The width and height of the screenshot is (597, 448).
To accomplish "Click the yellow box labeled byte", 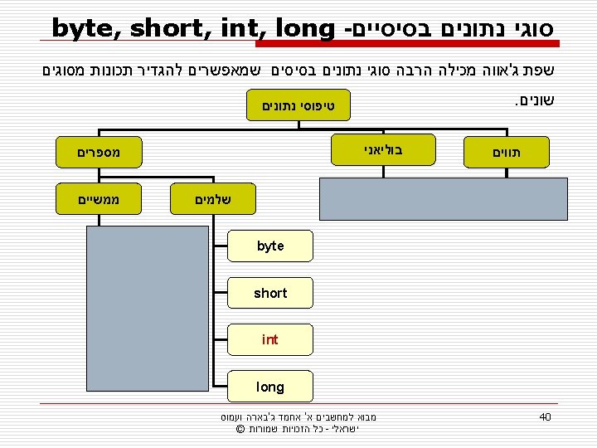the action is tap(270, 246).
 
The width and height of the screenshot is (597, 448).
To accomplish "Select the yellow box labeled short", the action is tap(270, 293).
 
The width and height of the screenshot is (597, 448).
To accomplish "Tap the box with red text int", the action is tap(270, 339).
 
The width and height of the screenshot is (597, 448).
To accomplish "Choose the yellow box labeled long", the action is tap(270, 387).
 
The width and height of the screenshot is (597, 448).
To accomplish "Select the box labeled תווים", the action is tap(507, 153).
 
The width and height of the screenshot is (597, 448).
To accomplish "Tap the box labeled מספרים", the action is tap(98, 153).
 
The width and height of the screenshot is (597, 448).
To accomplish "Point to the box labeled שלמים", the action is tap(212, 199).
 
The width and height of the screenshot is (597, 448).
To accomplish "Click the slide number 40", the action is tap(545, 416).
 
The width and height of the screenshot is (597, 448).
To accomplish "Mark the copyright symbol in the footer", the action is tap(239, 429).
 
